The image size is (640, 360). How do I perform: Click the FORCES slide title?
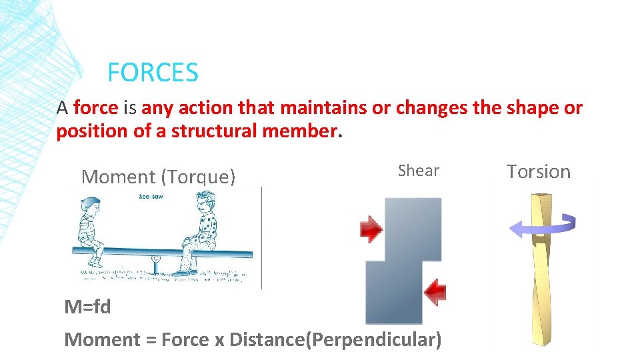(x=153, y=72)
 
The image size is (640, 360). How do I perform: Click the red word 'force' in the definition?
(x=96, y=108)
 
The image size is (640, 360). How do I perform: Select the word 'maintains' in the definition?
(x=321, y=108)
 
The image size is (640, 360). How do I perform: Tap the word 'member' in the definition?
(x=301, y=131)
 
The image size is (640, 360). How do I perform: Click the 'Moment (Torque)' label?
(x=158, y=177)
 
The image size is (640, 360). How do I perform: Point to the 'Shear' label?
(x=418, y=171)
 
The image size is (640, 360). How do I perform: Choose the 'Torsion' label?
(x=539, y=171)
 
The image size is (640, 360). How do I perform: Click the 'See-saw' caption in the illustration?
(x=153, y=197)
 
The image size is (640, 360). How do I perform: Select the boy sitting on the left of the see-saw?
(x=91, y=230)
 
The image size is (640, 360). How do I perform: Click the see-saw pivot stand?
(x=156, y=265)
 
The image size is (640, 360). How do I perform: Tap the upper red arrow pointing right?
(x=371, y=229)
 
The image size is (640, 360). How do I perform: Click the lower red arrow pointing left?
(x=435, y=291)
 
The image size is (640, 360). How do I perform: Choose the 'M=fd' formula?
(x=87, y=307)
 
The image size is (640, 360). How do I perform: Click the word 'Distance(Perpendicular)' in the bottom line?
(x=335, y=339)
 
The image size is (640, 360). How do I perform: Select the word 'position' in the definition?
(x=92, y=131)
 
